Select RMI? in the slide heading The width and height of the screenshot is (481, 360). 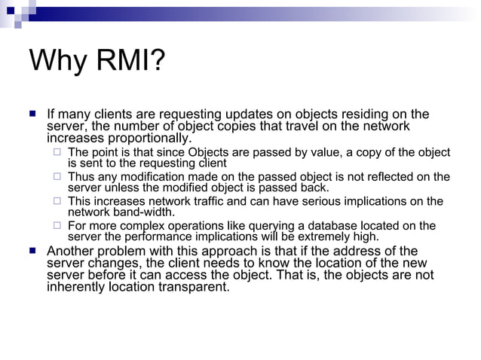[131, 61]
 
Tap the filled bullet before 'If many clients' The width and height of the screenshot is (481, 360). [32, 114]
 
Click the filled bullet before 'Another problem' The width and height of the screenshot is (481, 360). [32, 251]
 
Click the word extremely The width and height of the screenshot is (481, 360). [327, 236]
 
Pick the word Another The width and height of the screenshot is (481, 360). [73, 251]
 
